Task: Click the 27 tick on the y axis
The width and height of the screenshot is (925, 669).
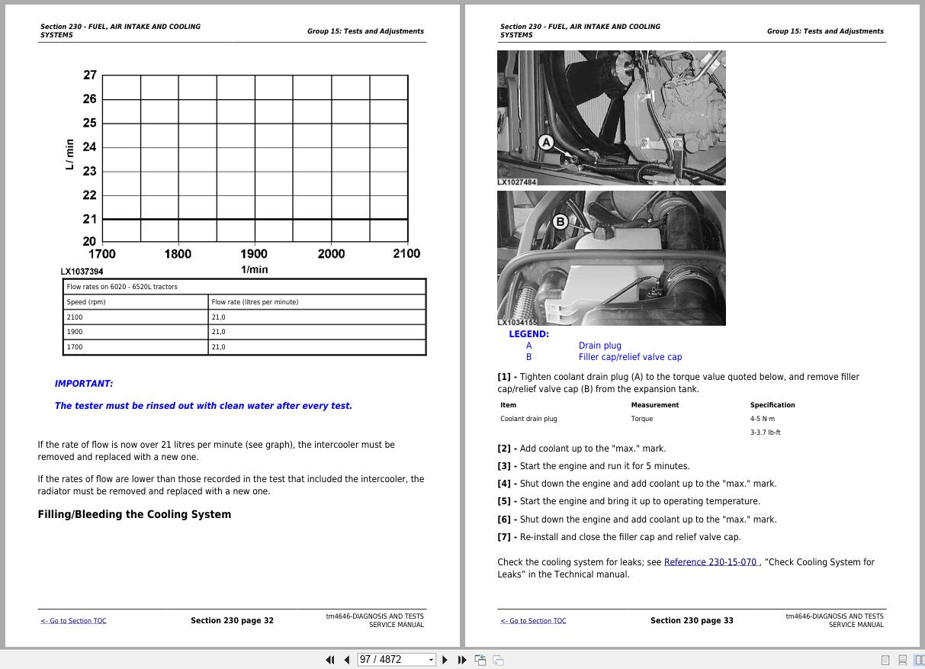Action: tap(90, 75)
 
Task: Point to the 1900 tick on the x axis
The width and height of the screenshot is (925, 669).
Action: tap(254, 254)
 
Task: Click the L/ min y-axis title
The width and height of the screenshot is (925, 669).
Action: tap(70, 155)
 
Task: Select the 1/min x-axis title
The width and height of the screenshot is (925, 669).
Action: tap(254, 269)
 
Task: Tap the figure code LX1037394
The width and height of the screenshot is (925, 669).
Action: tap(82, 272)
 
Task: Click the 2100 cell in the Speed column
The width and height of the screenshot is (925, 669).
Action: tap(75, 317)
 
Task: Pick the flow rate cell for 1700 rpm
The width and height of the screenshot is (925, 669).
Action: tap(219, 347)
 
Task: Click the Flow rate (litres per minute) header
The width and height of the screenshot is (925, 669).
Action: tap(255, 302)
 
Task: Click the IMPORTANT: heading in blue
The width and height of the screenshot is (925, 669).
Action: tap(84, 384)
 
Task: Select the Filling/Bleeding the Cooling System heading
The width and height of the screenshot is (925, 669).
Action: tap(134, 514)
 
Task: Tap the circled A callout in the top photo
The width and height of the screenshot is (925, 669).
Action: tap(545, 142)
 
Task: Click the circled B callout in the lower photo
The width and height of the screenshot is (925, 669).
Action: tap(560, 221)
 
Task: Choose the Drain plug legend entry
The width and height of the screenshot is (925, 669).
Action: tap(599, 346)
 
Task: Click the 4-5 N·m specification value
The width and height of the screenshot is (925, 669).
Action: tap(762, 419)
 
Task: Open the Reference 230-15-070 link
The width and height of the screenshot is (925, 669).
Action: tap(710, 562)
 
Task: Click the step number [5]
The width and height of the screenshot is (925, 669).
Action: tap(504, 501)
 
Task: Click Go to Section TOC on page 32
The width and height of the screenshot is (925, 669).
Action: tap(74, 621)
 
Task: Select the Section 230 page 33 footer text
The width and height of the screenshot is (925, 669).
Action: tap(692, 620)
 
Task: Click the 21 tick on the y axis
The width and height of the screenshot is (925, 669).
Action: tap(90, 219)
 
